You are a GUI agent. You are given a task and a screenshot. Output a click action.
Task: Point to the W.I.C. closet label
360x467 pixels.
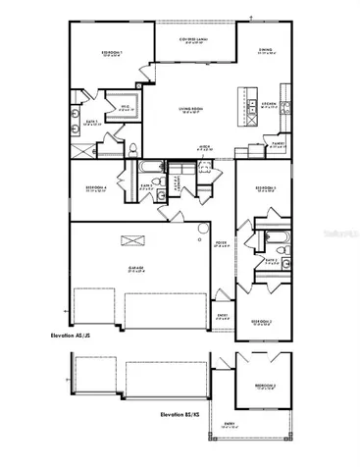coord(127,106)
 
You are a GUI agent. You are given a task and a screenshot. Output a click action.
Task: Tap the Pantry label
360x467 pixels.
coord(279,144)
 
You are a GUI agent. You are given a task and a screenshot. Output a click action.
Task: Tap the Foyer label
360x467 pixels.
coord(222,244)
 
